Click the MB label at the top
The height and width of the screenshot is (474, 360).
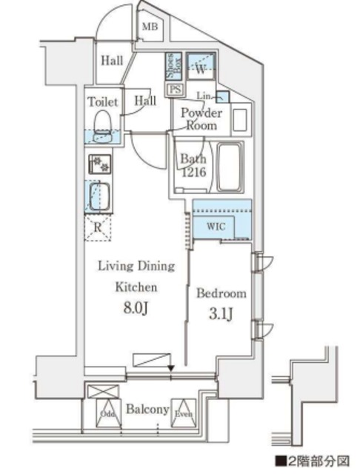[150, 27]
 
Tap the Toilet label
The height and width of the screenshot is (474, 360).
[101, 101]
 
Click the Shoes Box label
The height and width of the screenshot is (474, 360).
[170, 68]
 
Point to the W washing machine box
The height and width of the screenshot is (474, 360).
[199, 68]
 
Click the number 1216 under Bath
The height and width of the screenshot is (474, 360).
[195, 173]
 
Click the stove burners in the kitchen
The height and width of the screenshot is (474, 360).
[98, 164]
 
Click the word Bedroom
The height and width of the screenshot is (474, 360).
[221, 293]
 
